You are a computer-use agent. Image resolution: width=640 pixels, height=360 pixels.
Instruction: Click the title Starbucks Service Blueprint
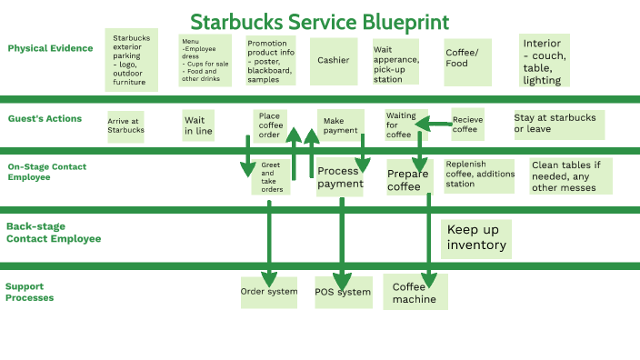click(319, 21)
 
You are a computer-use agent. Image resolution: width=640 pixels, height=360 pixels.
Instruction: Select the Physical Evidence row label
click(50, 48)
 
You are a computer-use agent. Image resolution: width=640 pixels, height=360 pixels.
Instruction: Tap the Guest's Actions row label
click(45, 119)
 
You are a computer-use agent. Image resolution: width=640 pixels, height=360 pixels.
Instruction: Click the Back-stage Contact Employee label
click(54, 233)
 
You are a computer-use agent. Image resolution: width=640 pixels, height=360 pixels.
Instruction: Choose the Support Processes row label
click(30, 292)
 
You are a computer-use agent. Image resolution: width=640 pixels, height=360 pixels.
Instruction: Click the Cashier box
click(333, 61)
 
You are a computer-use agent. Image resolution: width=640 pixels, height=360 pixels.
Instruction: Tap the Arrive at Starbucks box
click(125, 125)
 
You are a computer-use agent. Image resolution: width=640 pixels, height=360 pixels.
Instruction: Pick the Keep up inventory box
click(475, 238)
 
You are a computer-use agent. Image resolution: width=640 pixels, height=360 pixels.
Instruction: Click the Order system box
click(268, 293)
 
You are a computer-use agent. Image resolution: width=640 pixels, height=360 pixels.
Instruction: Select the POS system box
click(343, 293)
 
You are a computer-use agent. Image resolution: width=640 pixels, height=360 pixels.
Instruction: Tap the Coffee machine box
click(415, 293)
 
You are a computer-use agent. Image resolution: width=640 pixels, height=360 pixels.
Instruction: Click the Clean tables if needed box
click(570, 176)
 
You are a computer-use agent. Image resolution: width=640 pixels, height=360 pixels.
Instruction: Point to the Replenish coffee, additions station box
click(478, 175)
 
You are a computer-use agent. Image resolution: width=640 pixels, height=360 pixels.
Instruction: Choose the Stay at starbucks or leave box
click(557, 124)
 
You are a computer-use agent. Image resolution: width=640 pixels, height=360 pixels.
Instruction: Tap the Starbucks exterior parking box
click(131, 60)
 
